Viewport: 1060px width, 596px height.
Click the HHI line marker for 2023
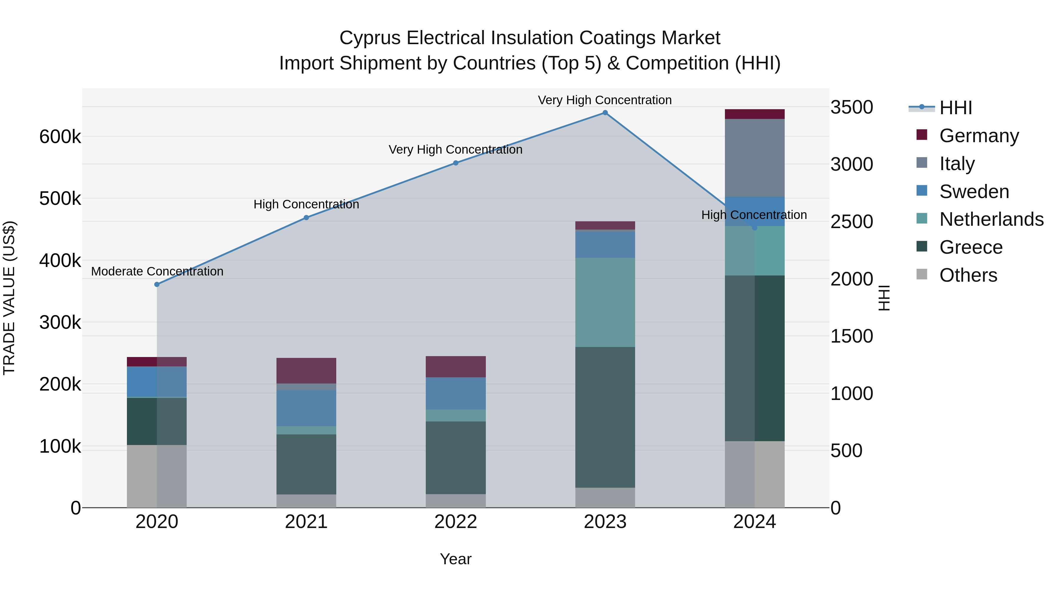[x=605, y=113]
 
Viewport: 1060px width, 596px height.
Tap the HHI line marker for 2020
[x=157, y=284]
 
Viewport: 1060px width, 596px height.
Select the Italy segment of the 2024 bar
[x=754, y=158]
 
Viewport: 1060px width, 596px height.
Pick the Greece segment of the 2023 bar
[x=605, y=417]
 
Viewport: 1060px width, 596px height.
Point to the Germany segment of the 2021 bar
[x=306, y=371]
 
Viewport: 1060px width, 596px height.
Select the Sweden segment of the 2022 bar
[x=456, y=393]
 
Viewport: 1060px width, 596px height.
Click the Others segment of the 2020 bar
[x=157, y=476]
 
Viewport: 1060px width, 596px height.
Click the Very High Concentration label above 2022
[x=456, y=150]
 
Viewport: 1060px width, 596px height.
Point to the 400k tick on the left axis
[x=60, y=260]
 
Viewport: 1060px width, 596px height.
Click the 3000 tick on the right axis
[x=851, y=165]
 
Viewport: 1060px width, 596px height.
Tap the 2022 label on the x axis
[x=456, y=522]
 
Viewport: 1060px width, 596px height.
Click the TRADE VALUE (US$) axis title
[x=9, y=298]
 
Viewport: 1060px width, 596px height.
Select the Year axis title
[x=456, y=559]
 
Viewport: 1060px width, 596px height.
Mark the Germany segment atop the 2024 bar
[x=754, y=114]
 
